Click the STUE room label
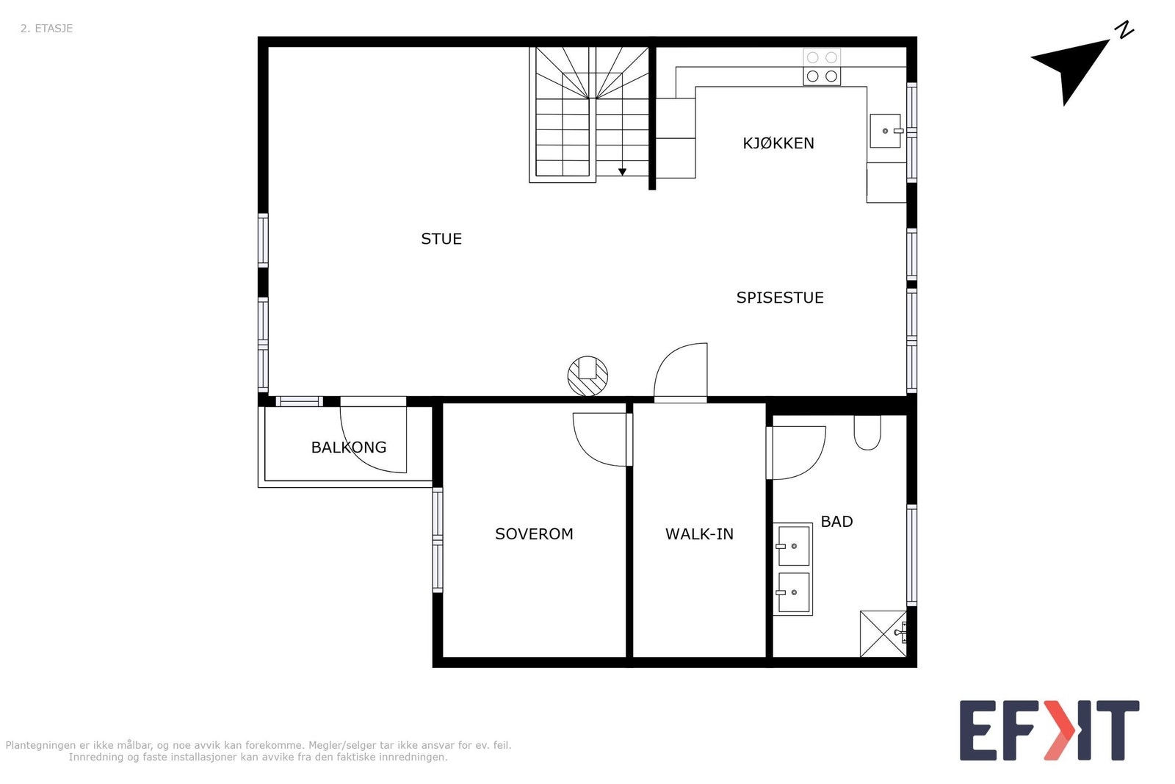pyautogui.click(x=441, y=239)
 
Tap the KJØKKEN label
pyautogui.click(x=778, y=143)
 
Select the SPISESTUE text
pyautogui.click(x=780, y=298)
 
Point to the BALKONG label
pyautogui.click(x=349, y=447)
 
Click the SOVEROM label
pyautogui.click(x=534, y=534)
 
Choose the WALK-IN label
pyautogui.click(x=699, y=534)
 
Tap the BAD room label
pyautogui.click(x=836, y=522)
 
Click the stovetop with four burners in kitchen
pyautogui.click(x=822, y=67)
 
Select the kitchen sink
pyautogui.click(x=886, y=131)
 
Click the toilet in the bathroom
pyautogui.click(x=867, y=432)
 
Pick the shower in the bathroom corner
pyautogui.click(x=884, y=633)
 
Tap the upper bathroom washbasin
pyautogui.click(x=793, y=545)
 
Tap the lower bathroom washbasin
pyautogui.click(x=793, y=592)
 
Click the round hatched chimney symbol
pyautogui.click(x=587, y=376)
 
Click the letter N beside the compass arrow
pyautogui.click(x=1124, y=31)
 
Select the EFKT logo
pyautogui.click(x=1049, y=730)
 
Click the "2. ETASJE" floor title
pyautogui.click(x=46, y=29)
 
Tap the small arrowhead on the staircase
pyautogui.click(x=622, y=172)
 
